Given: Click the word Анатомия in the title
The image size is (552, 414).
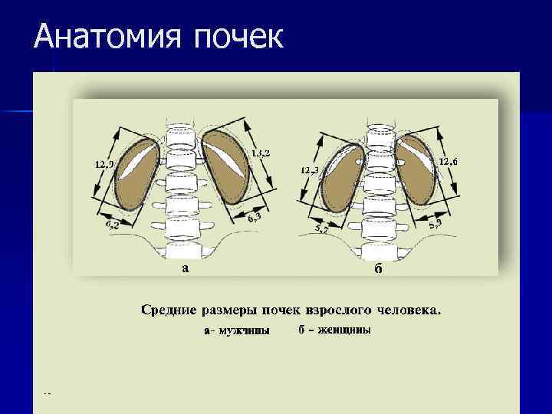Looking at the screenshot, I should tap(91, 36).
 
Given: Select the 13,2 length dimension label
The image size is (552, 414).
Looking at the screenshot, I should tap(261, 153).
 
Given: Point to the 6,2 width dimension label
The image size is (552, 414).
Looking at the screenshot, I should tap(110, 225).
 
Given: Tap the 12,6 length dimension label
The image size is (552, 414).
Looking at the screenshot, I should tap(449, 161).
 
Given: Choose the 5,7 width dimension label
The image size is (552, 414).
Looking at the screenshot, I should tap(324, 228).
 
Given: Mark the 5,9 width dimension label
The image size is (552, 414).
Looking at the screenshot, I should tap(435, 223).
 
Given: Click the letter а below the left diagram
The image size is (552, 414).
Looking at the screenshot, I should tap(184, 268).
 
